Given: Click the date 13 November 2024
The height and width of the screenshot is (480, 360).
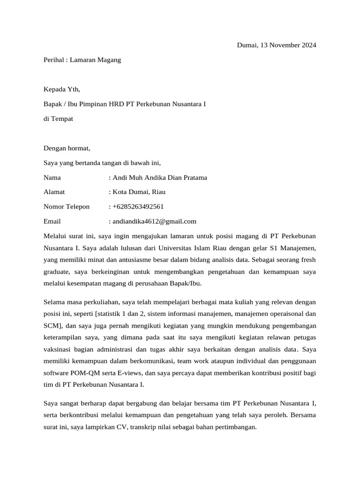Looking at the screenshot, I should pos(286,45).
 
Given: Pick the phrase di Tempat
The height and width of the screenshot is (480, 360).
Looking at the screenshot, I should pos(58,119).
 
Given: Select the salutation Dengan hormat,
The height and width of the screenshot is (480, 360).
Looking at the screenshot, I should pos(67,148).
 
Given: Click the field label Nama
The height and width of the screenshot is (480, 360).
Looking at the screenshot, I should pos(52,178).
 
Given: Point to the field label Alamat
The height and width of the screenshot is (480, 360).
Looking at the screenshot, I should pos(54,192).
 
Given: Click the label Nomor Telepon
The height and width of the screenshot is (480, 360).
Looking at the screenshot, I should pos(66,207).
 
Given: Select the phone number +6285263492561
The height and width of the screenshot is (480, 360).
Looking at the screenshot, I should pos(138,207).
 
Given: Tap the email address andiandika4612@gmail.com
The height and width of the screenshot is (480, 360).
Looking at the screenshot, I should pos(154,221).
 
